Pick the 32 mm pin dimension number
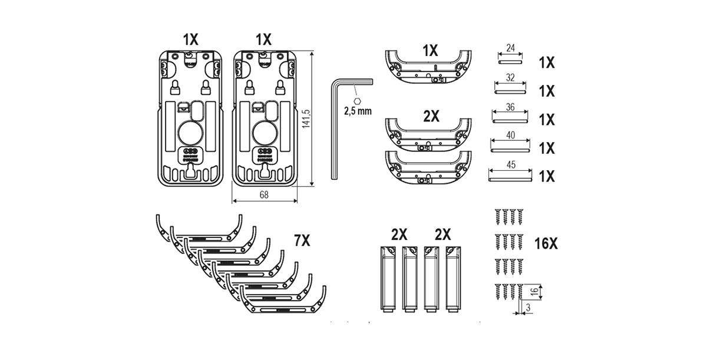[510, 78]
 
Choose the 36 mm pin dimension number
[510, 107]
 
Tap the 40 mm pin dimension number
[510, 135]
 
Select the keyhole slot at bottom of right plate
[263, 171]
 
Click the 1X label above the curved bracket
[430, 51]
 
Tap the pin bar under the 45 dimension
[510, 174]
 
